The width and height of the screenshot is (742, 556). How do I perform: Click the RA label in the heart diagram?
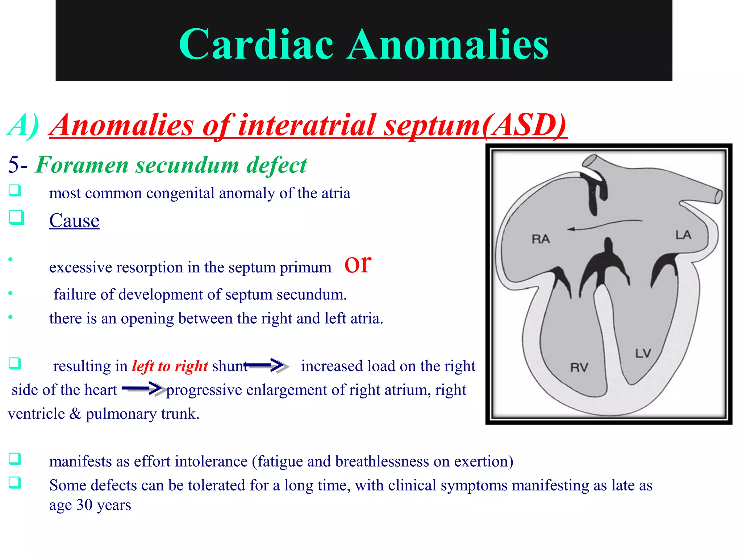pyautogui.click(x=541, y=239)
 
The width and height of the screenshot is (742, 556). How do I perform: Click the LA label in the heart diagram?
pyautogui.click(x=683, y=235)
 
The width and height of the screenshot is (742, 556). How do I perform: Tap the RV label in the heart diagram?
pyautogui.click(x=579, y=367)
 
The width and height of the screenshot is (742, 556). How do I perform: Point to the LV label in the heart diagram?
pyautogui.click(x=643, y=353)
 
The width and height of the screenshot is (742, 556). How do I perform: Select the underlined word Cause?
pyautogui.click(x=74, y=220)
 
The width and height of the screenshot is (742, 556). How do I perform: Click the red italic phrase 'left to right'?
pyautogui.click(x=170, y=366)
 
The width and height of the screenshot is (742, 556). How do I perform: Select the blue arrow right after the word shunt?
pyautogui.click(x=267, y=365)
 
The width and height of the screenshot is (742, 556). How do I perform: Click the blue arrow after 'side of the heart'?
pyautogui.click(x=143, y=389)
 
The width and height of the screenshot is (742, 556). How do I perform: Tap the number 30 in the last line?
pyautogui.click(x=84, y=505)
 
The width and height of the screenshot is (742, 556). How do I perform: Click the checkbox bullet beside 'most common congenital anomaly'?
pyautogui.click(x=15, y=190)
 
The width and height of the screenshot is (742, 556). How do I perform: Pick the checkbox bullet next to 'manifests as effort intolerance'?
pyautogui.click(x=15, y=459)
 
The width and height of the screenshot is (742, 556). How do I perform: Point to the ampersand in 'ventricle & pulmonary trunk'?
pyautogui.click(x=75, y=414)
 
